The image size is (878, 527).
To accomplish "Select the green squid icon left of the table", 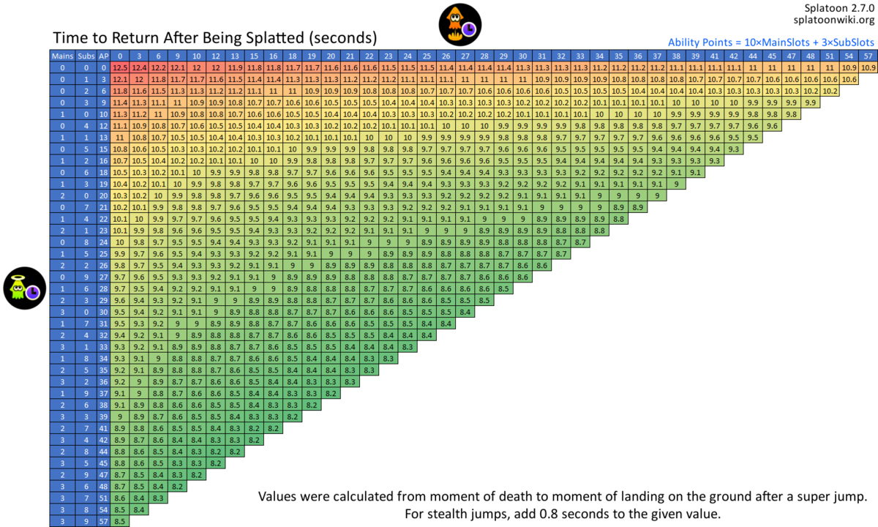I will (22, 288).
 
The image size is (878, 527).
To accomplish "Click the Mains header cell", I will (61, 56).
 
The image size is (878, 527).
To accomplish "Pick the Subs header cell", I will (86, 56).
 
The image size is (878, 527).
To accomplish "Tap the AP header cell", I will (103, 56).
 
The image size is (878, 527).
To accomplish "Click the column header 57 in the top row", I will (868, 56).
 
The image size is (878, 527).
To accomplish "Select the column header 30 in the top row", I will (522, 56).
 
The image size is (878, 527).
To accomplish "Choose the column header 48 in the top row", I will (811, 56).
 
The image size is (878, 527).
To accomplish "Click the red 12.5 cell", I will (121, 67).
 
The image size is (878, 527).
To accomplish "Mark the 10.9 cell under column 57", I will (868, 67).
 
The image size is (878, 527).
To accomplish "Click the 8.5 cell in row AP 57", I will (121, 521).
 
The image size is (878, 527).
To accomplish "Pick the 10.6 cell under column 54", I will (849, 79).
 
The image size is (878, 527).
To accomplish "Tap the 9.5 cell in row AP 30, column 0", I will (121, 311).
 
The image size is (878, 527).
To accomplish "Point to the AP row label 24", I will (103, 242).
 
